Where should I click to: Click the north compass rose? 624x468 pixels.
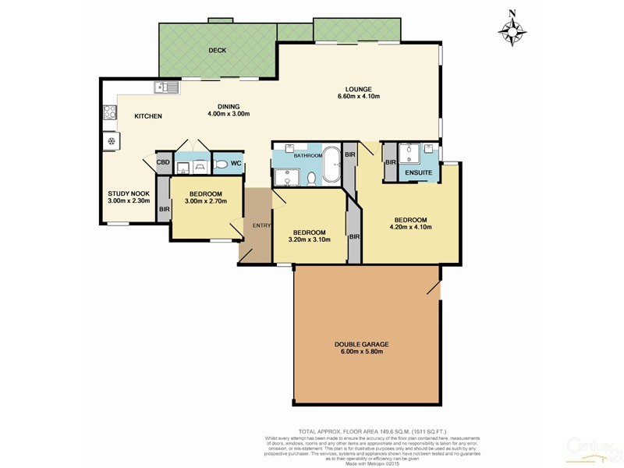pos(512,30)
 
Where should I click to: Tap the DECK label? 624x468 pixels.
pos(217,51)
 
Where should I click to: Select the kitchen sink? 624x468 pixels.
pos(166,87)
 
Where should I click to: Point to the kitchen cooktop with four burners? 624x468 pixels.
pos(108,114)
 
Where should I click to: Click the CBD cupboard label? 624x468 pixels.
pos(163,163)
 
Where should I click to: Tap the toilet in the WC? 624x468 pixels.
pos(220,164)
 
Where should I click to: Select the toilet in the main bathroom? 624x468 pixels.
pos(310,179)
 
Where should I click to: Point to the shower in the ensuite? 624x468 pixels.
pos(410,153)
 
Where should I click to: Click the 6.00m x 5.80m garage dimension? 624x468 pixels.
pos(362,353)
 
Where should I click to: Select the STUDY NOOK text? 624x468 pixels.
pos(128,194)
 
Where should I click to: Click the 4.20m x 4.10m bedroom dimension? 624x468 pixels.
pos(410,228)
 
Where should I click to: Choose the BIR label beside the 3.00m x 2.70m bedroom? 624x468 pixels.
pos(164,209)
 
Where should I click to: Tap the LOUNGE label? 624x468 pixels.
pos(358,88)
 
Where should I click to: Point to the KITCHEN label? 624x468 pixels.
pos(148,116)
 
